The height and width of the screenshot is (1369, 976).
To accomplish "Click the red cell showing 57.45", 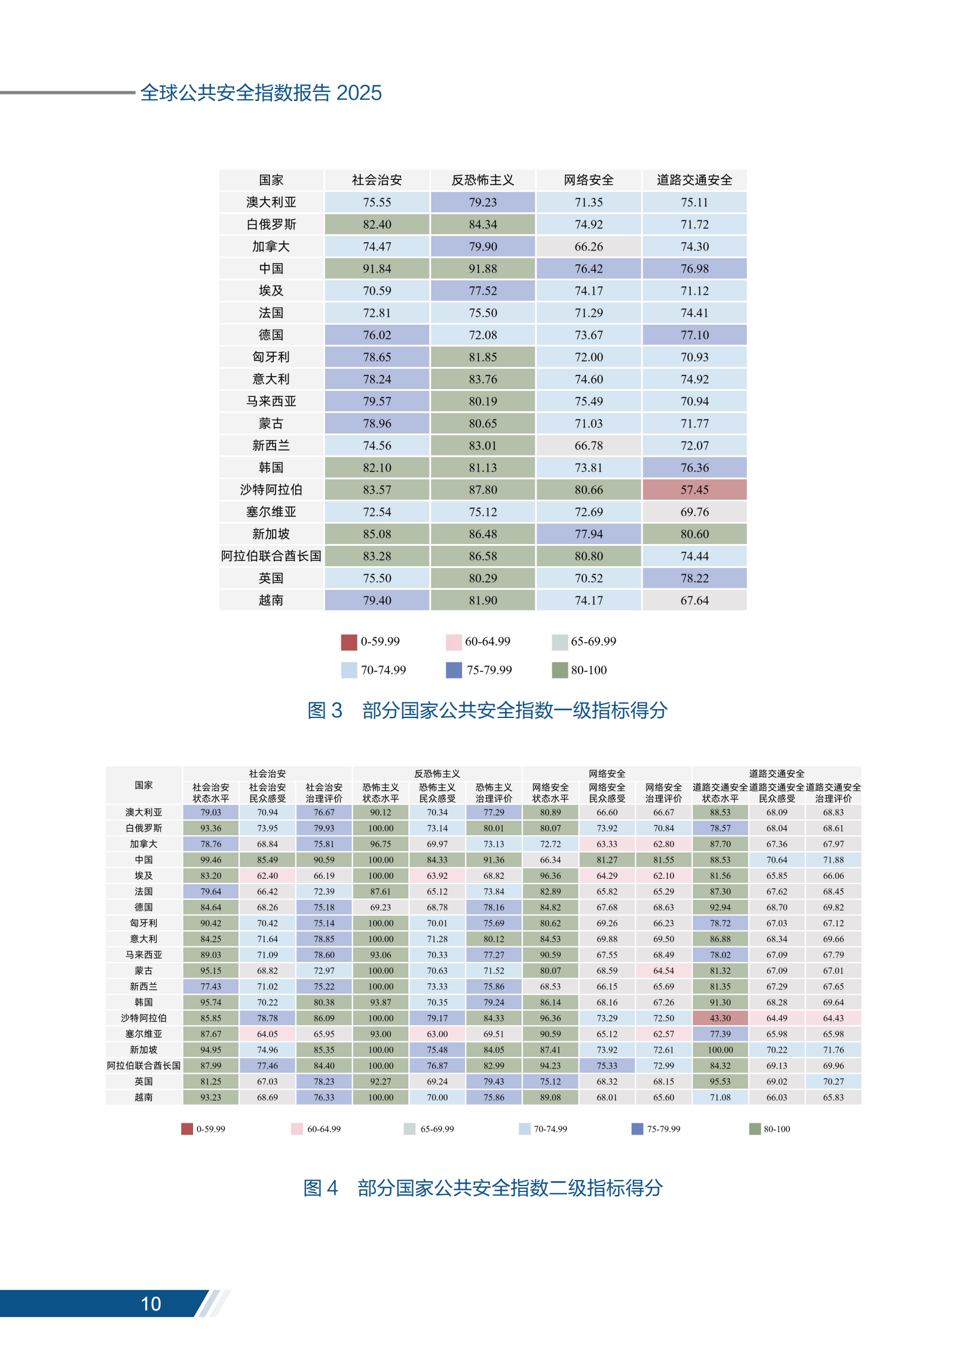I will coord(694,490).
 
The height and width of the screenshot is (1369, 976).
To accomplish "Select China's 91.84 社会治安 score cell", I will coord(377,268).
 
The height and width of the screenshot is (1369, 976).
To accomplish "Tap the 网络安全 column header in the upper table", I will coord(588,180).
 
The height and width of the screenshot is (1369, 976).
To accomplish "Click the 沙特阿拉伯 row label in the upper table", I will coord(271,490).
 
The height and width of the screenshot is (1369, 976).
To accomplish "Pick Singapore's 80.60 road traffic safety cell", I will coord(694,534).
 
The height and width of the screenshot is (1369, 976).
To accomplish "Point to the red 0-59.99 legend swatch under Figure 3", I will coord(349,642).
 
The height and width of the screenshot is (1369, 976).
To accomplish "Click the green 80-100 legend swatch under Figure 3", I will coord(559,670).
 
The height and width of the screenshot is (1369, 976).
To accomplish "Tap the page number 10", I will coord(151,1303).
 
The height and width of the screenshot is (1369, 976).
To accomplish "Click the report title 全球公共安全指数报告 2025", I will coord(261,93).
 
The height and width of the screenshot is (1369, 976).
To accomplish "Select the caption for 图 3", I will coord(487,710).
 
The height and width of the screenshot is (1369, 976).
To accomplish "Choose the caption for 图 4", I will coord(482,1187).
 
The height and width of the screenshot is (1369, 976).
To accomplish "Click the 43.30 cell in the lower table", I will coord(720,1018).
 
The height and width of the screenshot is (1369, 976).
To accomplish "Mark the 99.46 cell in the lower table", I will coord(211,860).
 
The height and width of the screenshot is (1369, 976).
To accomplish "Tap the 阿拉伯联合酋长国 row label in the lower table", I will coord(143,1065).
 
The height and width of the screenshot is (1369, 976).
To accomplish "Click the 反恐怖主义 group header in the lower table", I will coord(437,774).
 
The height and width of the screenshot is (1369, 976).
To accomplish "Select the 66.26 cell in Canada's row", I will coord(588,246).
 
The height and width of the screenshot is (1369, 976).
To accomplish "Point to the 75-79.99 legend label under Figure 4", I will coord(663,1129).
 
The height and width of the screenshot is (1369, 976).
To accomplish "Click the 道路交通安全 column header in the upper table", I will coord(694,180).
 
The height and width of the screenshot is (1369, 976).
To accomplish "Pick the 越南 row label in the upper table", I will coord(271,600).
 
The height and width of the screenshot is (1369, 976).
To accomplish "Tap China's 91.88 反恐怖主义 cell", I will coord(482,268).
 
